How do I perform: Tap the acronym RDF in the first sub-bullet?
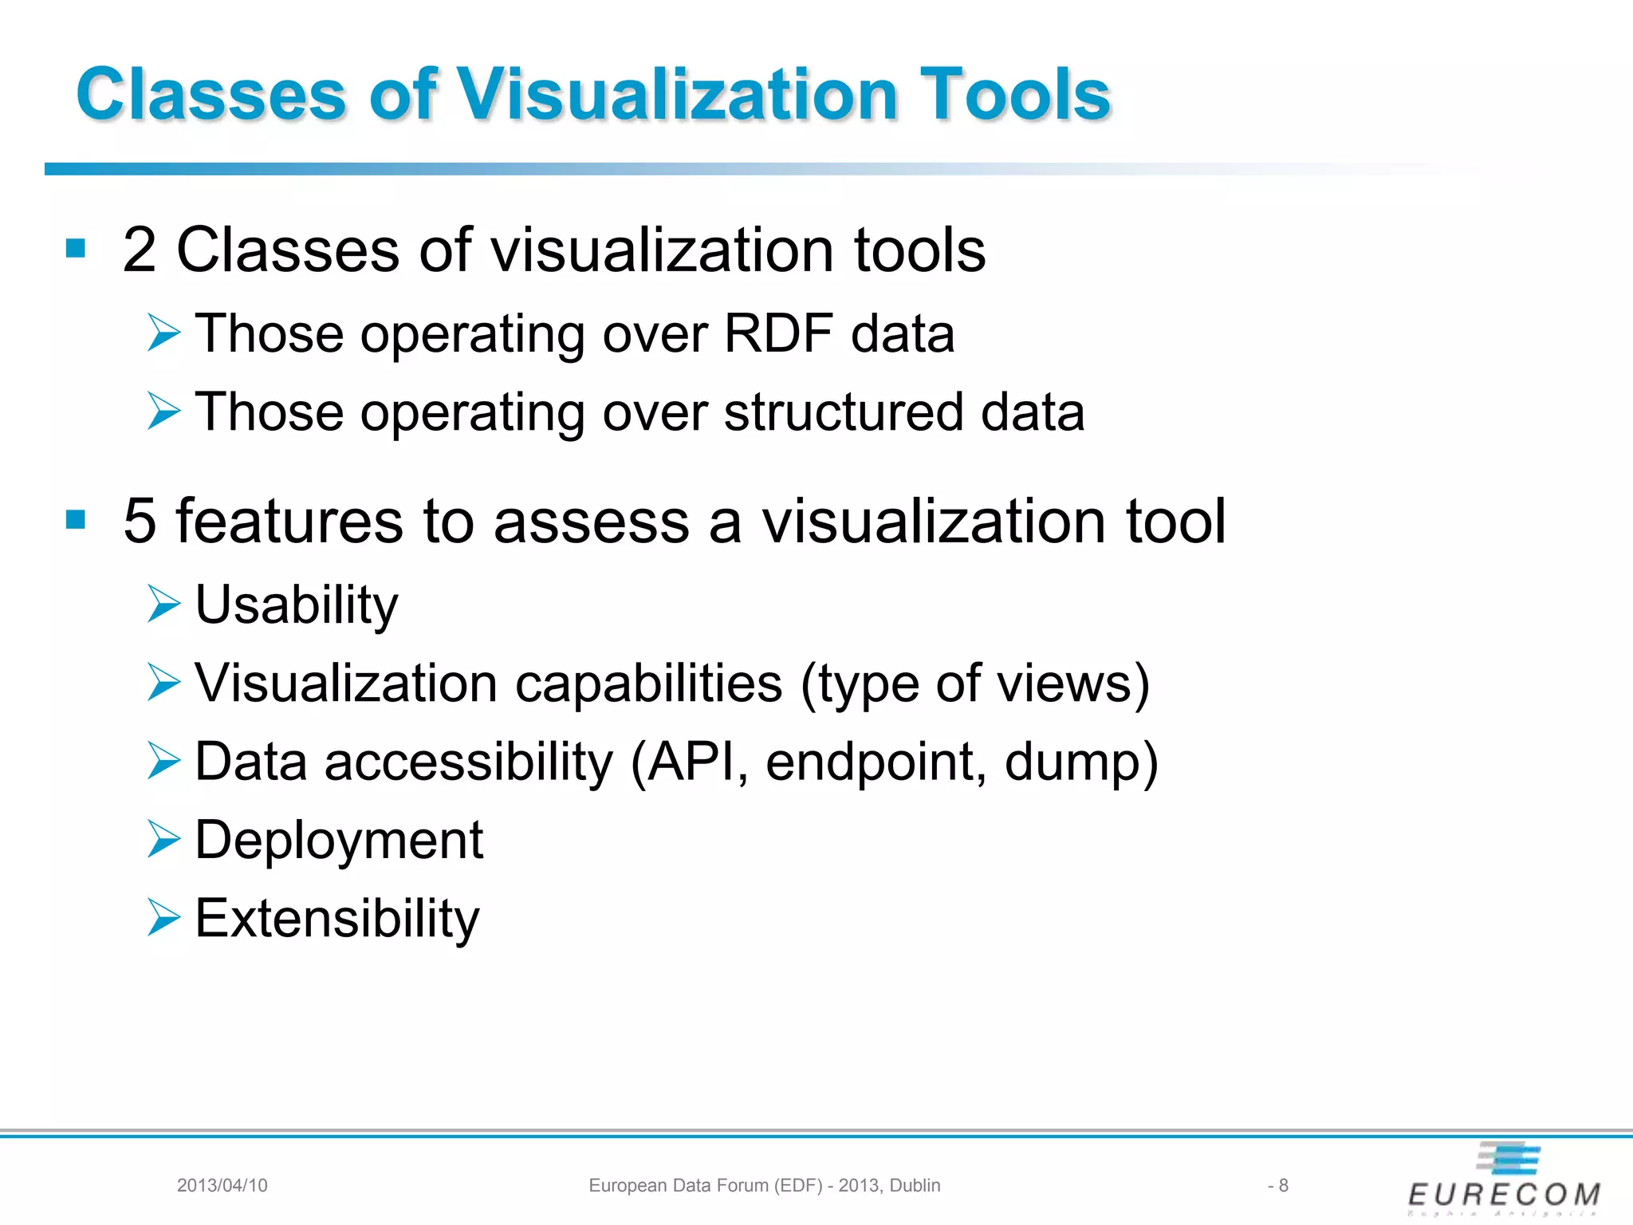(778, 333)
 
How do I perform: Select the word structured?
(843, 412)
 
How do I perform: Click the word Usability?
(297, 605)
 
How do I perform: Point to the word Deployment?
(339, 841)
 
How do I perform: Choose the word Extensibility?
(337, 919)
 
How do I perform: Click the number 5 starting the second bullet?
(140, 522)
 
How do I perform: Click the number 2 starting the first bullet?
(140, 250)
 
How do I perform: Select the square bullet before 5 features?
(76, 520)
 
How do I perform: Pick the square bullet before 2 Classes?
(76, 249)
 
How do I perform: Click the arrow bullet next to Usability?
(163, 604)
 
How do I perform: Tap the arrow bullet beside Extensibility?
(163, 917)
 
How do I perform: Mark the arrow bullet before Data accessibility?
(163, 761)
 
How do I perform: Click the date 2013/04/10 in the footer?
(222, 1185)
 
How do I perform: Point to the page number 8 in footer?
(1283, 1185)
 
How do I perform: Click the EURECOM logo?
(1504, 1180)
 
